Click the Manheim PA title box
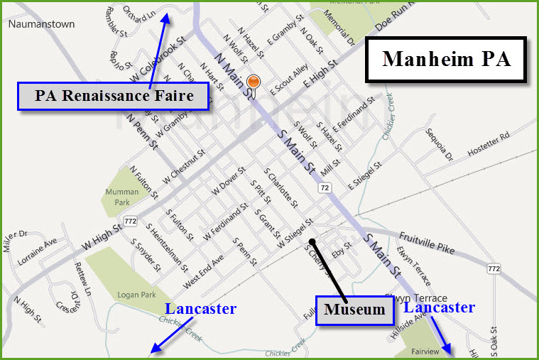click(447, 59)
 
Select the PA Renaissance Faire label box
click(113, 96)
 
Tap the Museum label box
click(354, 310)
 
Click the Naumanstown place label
click(41, 23)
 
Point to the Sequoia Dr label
click(438, 143)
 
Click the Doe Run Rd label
click(394, 25)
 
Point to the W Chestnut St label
click(183, 166)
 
